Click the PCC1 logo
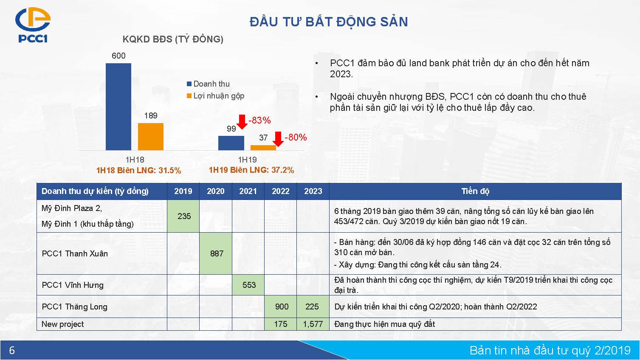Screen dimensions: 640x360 point(33,25)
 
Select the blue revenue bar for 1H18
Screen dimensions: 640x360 point(118,107)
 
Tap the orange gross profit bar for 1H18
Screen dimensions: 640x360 point(151,137)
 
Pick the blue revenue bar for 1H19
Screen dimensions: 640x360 point(231,143)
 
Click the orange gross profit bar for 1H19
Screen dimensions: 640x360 point(263,148)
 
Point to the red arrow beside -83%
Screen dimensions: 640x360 point(242,122)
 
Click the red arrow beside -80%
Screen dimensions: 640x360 point(278,139)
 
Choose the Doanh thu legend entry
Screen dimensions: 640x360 point(208,84)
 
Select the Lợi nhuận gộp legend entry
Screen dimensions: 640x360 point(216,96)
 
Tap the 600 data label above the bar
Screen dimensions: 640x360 point(118,56)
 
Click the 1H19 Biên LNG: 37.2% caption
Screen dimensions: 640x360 point(251,170)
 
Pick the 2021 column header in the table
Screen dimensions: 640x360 point(248,191)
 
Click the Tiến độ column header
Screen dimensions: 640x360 point(475,191)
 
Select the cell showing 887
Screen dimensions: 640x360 point(216,253)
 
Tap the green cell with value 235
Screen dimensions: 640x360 point(183,216)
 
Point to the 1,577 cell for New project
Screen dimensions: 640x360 point(313,324)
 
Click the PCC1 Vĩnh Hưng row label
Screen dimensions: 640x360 point(73,285)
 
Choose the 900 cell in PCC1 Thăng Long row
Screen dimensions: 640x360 point(281,307)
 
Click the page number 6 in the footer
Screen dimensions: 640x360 point(12,350)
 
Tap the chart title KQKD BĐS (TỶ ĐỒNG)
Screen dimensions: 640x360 point(173,39)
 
